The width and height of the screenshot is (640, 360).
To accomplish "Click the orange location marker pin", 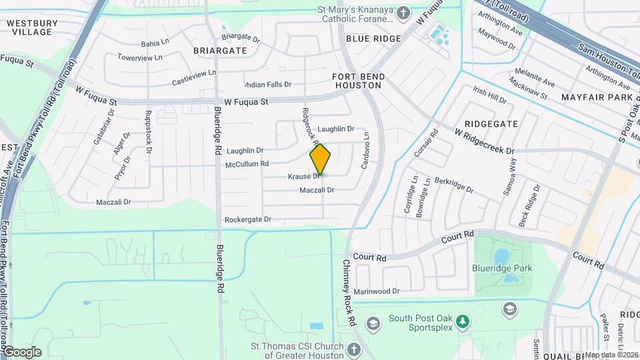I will pos(320,159).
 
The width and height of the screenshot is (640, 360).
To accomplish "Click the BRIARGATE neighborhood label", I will pos(220,50).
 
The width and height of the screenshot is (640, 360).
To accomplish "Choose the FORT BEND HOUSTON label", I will pos(358,81).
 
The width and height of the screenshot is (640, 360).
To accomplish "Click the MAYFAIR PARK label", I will pos(596,97).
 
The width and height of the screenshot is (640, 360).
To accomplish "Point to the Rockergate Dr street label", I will pos(248,219).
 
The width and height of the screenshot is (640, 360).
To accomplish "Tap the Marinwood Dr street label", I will pos(376,291).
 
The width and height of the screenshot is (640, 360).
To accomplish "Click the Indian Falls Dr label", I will pos(268,85).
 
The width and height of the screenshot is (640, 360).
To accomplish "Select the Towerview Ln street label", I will pos(140,57).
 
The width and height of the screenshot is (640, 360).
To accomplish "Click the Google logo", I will pos(22,351).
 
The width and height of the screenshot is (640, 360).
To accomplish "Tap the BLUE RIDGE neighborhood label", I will pos(373,39).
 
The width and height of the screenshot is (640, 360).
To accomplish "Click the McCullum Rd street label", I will pos(247,164).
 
